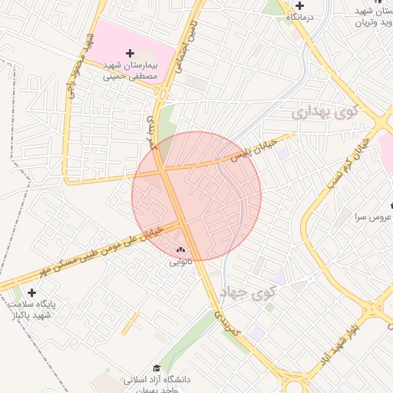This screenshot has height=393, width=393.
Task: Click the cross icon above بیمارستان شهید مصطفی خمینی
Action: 130,54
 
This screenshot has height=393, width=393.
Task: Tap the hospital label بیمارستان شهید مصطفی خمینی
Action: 130,71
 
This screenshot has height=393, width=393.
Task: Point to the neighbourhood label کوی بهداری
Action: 325,113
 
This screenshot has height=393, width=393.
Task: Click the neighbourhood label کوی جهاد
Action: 247,292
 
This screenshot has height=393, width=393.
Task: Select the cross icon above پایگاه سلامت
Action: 31,292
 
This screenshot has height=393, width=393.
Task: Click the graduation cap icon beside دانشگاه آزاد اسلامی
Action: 157,368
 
